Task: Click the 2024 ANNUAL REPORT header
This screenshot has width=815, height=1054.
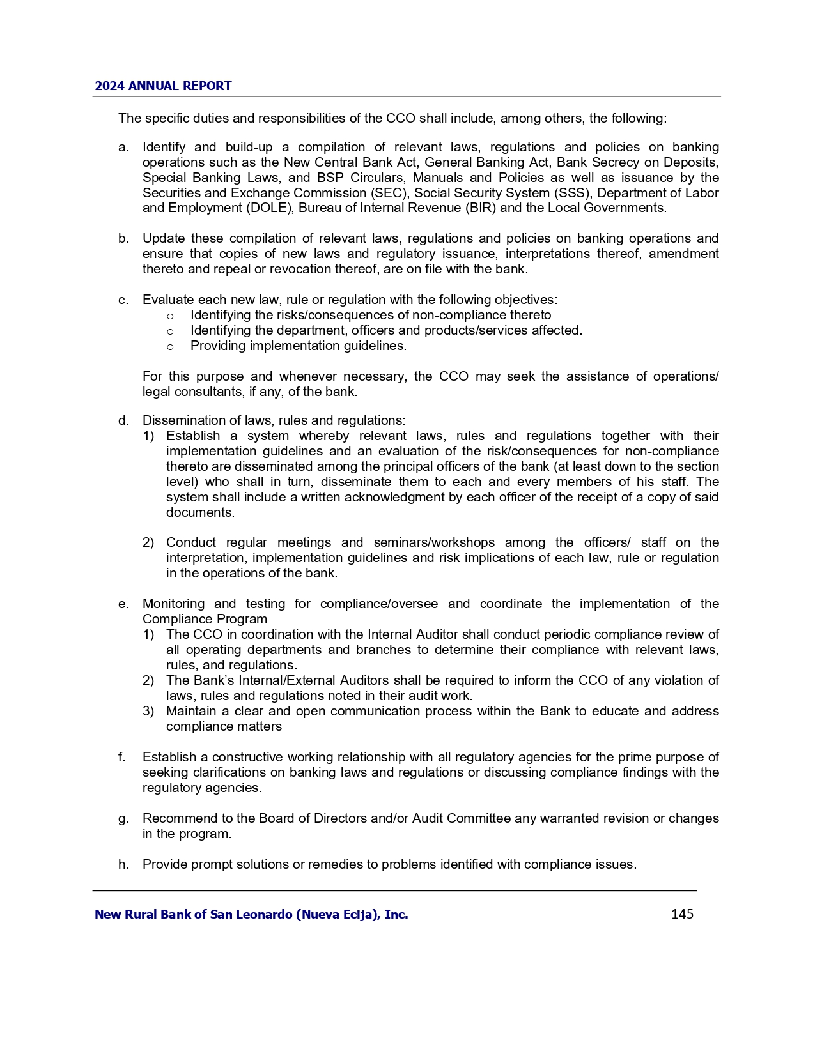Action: [163, 86]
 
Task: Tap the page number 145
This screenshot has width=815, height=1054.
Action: [682, 914]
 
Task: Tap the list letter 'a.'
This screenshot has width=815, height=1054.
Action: [123, 148]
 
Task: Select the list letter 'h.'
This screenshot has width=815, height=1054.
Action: [123, 865]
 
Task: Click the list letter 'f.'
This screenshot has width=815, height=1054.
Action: [122, 758]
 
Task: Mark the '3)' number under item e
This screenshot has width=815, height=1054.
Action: [148, 712]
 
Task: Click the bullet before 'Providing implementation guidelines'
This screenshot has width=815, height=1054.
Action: [170, 347]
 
